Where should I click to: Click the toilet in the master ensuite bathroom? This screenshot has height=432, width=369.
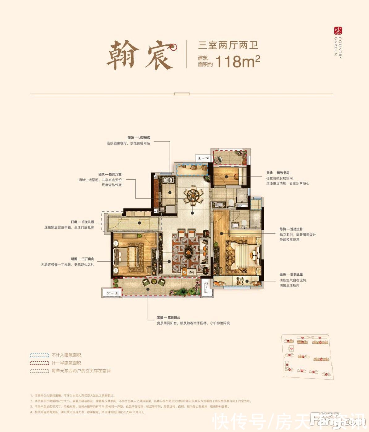pos(244,223)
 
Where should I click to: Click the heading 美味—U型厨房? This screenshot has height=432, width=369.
pos(139,138)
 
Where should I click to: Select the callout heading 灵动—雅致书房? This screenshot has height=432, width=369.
pos(278,173)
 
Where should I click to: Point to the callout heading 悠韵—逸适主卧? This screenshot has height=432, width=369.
pos(291,229)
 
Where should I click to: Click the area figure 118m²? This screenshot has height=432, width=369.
pos(237,61)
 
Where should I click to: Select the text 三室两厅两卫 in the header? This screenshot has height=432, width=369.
pos(228,45)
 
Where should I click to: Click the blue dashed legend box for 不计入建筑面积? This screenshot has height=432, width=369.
pos(39,355)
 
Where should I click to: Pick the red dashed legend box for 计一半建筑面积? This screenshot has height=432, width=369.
pos(39,363)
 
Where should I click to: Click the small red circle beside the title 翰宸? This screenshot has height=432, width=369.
pos(174,47)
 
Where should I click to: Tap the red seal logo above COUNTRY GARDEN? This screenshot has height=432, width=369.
pos(338,31)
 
